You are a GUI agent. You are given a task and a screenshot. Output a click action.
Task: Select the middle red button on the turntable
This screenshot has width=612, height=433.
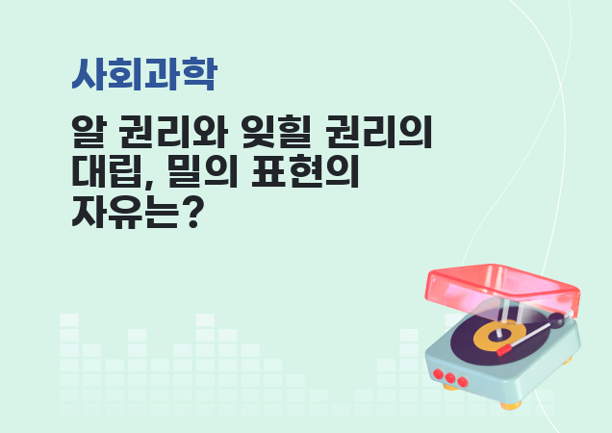pyautogui.click(x=448, y=377)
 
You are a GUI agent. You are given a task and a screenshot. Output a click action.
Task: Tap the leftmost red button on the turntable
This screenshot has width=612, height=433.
pyautogui.click(x=438, y=372)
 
